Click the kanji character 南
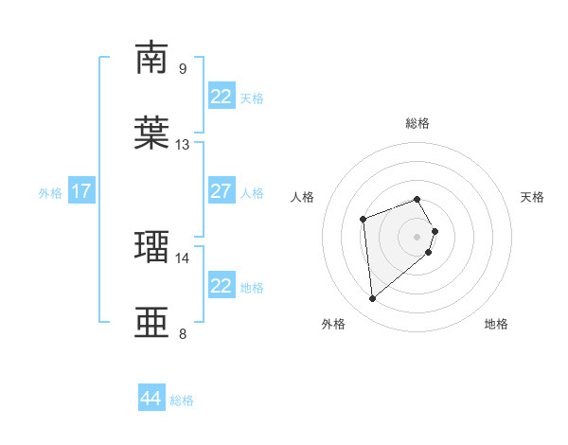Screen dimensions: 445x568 coord(151,58)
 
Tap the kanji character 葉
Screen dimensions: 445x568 coord(151,133)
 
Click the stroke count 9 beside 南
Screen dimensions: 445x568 coord(183,68)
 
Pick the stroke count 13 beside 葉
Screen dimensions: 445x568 coord(183,145)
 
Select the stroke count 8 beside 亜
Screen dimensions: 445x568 coord(183,333)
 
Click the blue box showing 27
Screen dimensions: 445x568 coord(221,191)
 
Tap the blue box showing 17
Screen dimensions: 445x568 coord(81,191)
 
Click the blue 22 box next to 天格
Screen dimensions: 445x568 coord(221,97)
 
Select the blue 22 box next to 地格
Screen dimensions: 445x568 coord(221,286)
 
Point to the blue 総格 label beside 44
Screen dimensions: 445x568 coord(182,400)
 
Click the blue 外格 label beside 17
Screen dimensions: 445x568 coord(50,193)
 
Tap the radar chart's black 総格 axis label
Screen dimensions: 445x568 coord(417,124)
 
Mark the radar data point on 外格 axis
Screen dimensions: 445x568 coord(373,299)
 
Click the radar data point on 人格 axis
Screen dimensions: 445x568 coord(364,220)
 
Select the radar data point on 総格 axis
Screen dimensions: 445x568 coord(417,199)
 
